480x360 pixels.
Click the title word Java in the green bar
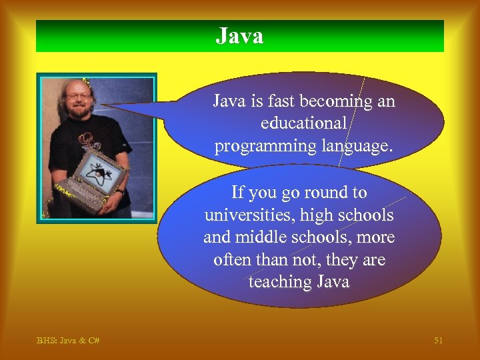[239, 36]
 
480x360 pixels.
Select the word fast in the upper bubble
[280, 101]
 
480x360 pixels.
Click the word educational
[304, 124]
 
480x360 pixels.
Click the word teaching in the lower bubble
[277, 282]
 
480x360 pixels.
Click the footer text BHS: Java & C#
[68, 341]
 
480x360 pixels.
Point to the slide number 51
[438, 341]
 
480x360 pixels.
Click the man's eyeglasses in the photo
[78, 96]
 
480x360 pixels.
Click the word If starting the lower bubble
[238, 193]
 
